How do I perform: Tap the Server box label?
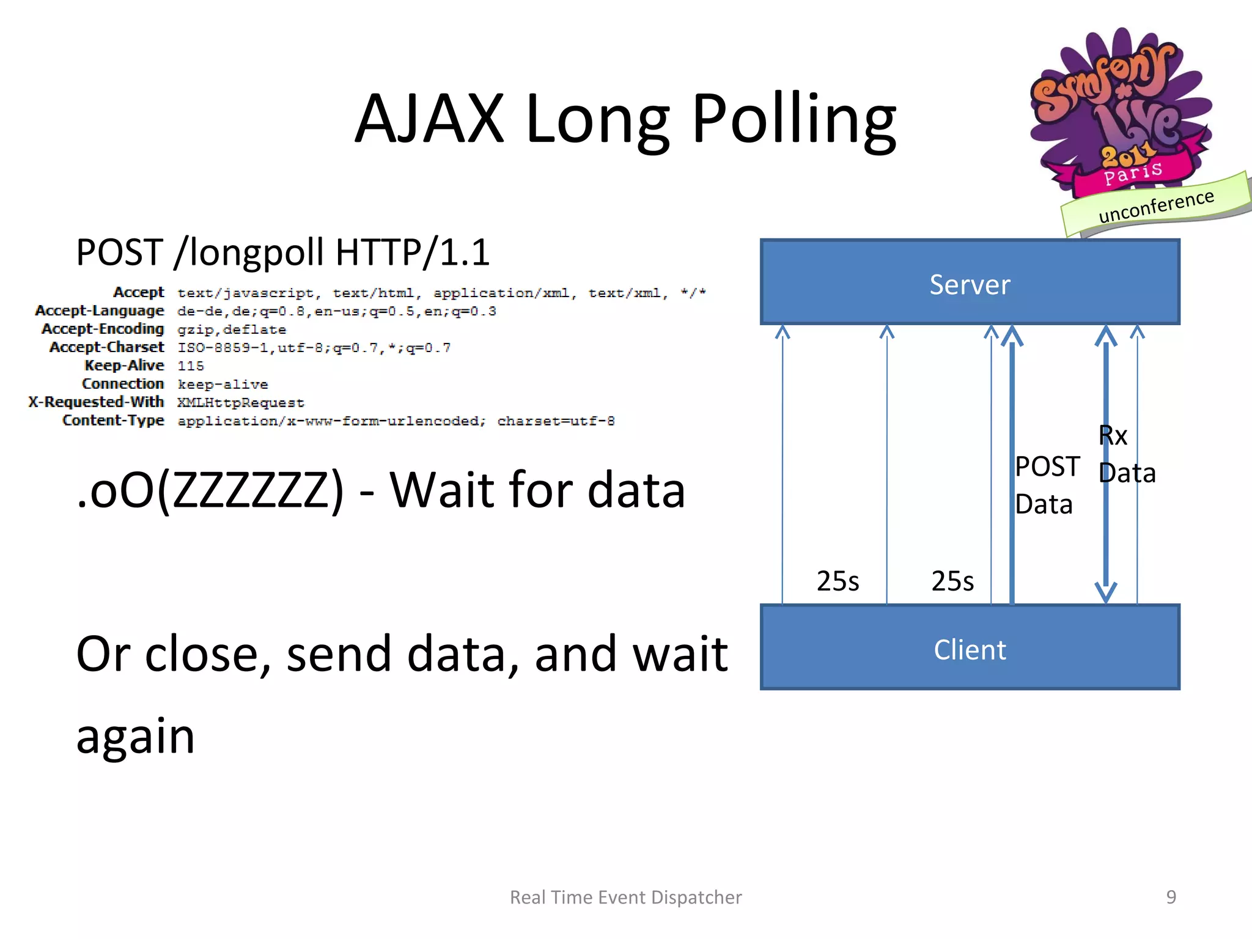970,285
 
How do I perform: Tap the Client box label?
970,650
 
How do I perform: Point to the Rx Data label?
1126,454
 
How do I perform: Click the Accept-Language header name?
100,311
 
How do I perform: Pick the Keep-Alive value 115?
191,366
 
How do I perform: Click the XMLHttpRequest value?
240,403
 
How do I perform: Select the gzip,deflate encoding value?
232,330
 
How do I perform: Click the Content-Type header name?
113,421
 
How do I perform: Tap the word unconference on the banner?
1155,206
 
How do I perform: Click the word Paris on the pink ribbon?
1132,173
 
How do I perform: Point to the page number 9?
1171,897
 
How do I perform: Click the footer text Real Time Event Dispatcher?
625,897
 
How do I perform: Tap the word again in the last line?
135,736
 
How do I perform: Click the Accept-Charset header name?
107,347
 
